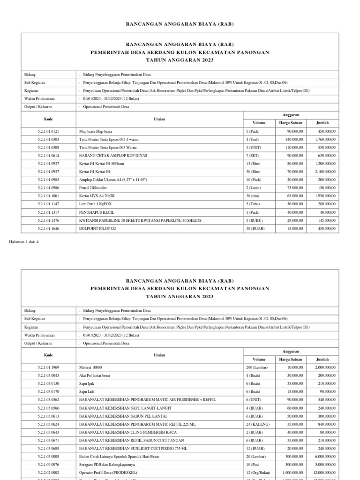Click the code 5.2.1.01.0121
[x=48, y=131]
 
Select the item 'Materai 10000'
[x=91, y=367]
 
